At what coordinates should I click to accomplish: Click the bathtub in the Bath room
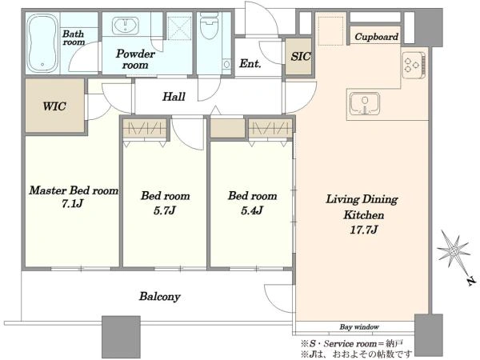(42, 43)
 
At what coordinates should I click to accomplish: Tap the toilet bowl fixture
(210, 26)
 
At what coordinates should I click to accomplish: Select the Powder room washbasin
(126, 25)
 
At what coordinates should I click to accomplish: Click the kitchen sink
(365, 103)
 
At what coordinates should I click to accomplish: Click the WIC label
(54, 106)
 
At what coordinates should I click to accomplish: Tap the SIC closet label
(300, 56)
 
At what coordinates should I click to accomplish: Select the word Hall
(174, 97)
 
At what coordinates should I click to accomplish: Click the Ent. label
(250, 63)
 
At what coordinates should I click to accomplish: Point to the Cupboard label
(376, 37)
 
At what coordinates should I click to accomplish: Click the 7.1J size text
(72, 203)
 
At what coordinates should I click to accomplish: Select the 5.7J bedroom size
(165, 210)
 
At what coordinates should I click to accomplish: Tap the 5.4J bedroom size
(252, 210)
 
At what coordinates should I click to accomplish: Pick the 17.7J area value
(364, 230)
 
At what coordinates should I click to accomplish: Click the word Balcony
(160, 296)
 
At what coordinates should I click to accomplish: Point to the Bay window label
(359, 326)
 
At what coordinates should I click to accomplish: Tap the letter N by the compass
(472, 281)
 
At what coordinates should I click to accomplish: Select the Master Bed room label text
(74, 190)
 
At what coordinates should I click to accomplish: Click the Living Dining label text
(362, 199)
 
